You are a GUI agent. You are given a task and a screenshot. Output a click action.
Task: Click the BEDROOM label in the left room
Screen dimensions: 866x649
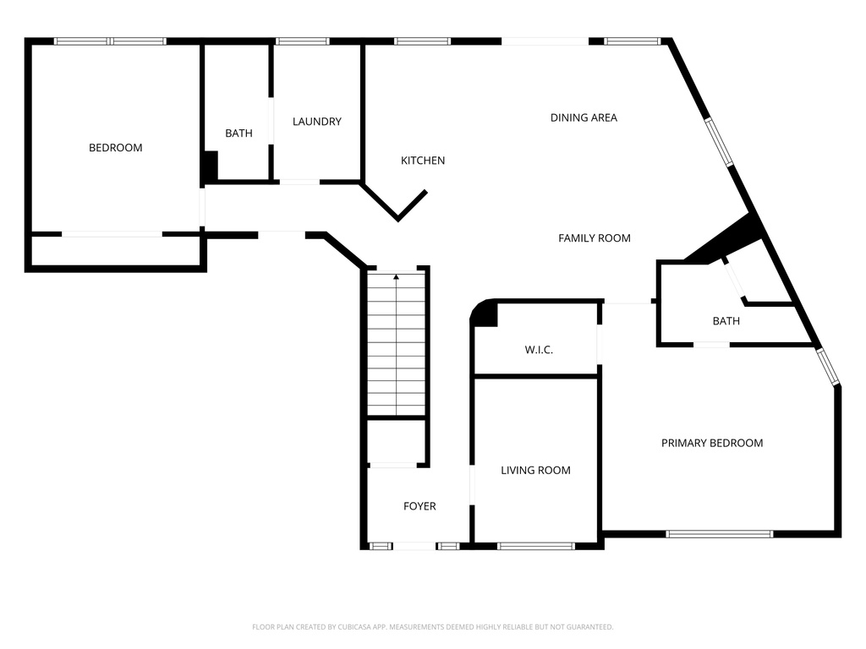pyautogui.click(x=115, y=147)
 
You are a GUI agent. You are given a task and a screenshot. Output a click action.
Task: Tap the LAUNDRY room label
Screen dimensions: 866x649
pyautogui.click(x=317, y=122)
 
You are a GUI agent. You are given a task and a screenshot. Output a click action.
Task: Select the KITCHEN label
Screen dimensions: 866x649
pyautogui.click(x=423, y=161)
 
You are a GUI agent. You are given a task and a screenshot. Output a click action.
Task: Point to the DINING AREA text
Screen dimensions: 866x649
pyautogui.click(x=584, y=117)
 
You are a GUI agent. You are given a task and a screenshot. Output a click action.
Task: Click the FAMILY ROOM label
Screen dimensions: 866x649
pyautogui.click(x=595, y=237)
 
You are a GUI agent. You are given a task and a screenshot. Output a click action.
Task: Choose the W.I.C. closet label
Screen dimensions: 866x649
pyautogui.click(x=539, y=350)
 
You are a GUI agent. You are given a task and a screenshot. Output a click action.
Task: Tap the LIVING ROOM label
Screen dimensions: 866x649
pyautogui.click(x=535, y=470)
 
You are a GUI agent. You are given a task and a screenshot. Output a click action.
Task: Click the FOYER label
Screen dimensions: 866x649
pyautogui.click(x=419, y=506)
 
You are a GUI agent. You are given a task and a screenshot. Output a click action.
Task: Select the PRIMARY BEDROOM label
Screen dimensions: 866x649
pyautogui.click(x=712, y=443)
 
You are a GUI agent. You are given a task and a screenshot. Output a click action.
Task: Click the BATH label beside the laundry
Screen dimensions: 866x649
pyautogui.click(x=238, y=133)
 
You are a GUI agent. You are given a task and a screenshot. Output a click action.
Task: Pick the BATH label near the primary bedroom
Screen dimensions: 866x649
pyautogui.click(x=726, y=321)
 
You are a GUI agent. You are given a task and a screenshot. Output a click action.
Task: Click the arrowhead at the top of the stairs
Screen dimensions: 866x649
pyautogui.click(x=396, y=277)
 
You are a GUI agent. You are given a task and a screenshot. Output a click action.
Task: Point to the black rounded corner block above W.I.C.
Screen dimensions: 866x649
pyautogui.click(x=485, y=314)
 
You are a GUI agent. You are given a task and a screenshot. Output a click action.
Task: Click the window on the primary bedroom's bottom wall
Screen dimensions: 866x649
pyautogui.click(x=719, y=534)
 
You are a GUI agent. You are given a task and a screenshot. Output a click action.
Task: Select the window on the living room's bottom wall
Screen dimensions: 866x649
pyautogui.click(x=535, y=547)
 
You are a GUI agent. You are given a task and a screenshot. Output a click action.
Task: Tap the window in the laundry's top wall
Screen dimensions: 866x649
pyautogui.click(x=302, y=41)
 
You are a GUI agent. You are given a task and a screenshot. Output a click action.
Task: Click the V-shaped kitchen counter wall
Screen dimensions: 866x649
pyautogui.click(x=396, y=203)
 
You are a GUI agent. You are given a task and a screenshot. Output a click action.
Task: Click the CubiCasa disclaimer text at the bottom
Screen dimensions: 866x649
pyautogui.click(x=432, y=627)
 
